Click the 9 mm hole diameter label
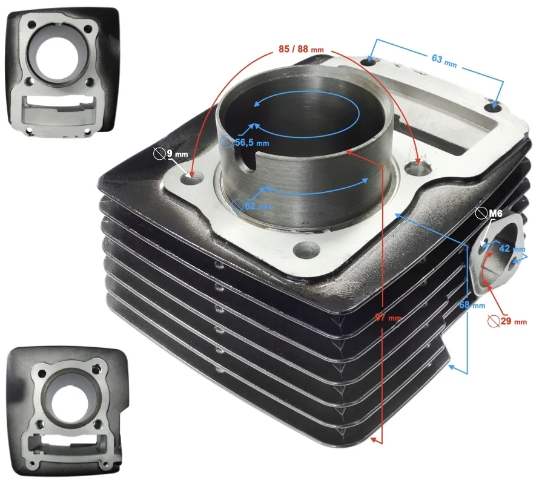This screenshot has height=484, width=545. click(x=176, y=154)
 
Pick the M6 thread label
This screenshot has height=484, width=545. click(x=495, y=213)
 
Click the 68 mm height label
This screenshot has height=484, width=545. click(x=472, y=306)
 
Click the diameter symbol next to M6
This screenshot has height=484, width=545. click(x=482, y=213)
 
